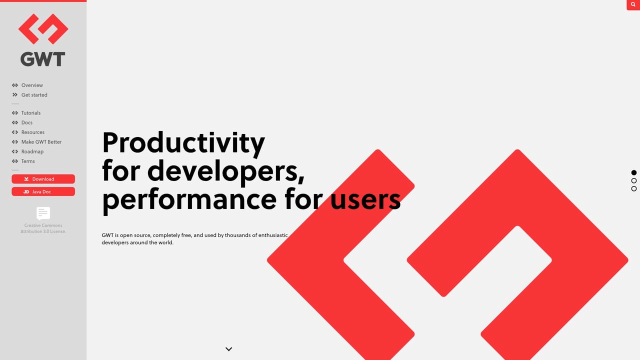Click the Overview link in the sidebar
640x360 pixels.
coord(32,85)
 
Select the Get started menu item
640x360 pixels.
coord(34,95)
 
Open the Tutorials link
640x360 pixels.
coord(31,113)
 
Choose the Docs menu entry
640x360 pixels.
coord(27,122)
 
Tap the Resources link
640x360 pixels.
coord(33,132)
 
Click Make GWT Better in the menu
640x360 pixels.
coord(41,142)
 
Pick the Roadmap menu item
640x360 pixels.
coord(32,151)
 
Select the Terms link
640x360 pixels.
coord(28,161)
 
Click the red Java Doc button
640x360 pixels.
coord(43,191)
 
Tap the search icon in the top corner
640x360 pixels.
coord(633,4)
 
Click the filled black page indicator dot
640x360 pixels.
coord(634,172)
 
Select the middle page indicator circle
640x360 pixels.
coord(634,180)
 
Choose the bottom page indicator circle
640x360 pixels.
coord(634,188)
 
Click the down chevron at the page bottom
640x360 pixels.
coord(229,349)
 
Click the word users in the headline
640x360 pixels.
coord(365,199)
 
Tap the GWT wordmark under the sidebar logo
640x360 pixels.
coord(43,59)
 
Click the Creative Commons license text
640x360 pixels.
coord(43,228)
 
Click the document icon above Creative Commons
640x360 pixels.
coord(43,213)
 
